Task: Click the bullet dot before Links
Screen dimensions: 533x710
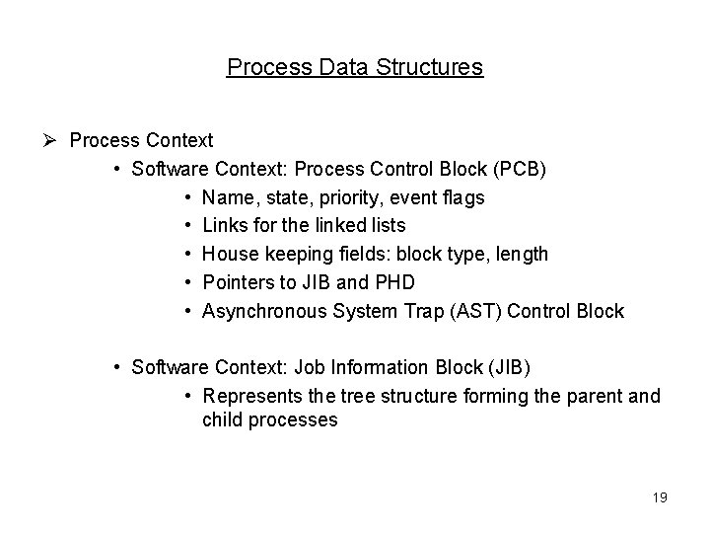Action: pos(186,226)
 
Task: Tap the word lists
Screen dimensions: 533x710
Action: pos(383,226)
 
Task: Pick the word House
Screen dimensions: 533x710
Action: pos(229,255)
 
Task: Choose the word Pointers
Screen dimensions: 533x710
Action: pos(238,283)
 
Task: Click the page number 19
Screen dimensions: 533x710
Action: pos(659,497)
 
